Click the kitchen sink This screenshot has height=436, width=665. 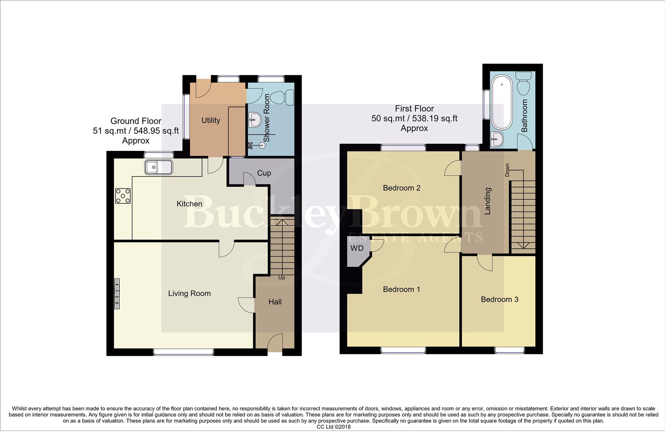tap(159, 167)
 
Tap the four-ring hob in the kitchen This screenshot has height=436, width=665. tap(123, 196)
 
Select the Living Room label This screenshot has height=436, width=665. tap(190, 293)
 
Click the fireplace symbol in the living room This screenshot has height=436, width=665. tap(117, 293)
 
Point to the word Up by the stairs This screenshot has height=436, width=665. tap(281, 278)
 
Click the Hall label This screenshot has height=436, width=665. tap(275, 302)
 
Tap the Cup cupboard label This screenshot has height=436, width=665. tap(264, 173)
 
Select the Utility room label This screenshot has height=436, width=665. tap(211, 120)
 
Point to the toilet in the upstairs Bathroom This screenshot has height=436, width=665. tap(524, 84)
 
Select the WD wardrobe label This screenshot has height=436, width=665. tap(357, 248)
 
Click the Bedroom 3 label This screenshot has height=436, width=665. tap(500, 300)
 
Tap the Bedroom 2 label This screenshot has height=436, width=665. tap(402, 188)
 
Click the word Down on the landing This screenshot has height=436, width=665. tap(507, 170)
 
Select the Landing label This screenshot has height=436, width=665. tap(488, 201)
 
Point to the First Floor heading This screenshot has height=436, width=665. tap(414, 109)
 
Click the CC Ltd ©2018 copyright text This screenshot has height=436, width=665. tap(334, 427)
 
